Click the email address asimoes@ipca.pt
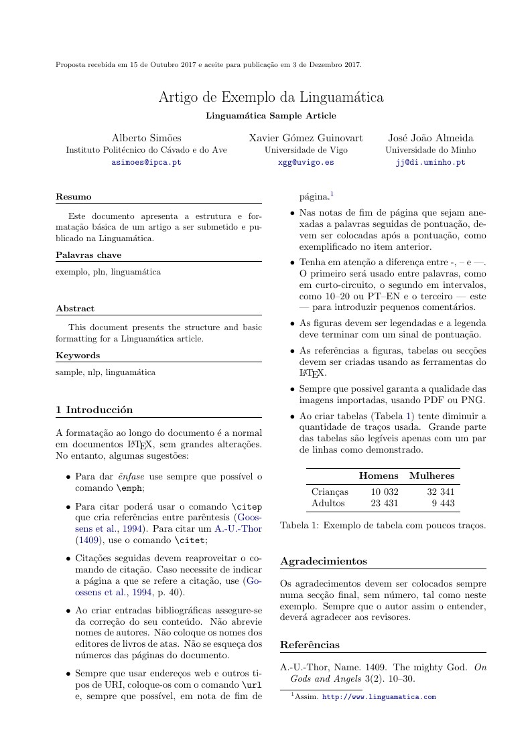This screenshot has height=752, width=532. (x=146, y=162)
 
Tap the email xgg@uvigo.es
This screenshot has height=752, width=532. (x=306, y=162)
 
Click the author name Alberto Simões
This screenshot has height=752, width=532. (x=146, y=138)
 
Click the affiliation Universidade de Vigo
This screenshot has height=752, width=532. (x=306, y=150)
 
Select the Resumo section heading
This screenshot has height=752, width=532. (x=73, y=197)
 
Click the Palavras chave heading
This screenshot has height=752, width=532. (x=88, y=255)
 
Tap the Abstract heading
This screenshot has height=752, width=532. (x=75, y=309)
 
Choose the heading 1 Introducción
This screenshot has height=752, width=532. (x=94, y=410)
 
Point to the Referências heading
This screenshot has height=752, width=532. (x=310, y=645)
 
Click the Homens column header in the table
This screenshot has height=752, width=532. (x=379, y=475)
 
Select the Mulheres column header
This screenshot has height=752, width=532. (x=431, y=475)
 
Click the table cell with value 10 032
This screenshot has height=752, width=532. (x=385, y=492)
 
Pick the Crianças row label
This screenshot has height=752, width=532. (x=331, y=492)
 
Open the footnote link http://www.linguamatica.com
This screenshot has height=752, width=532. (x=379, y=697)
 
